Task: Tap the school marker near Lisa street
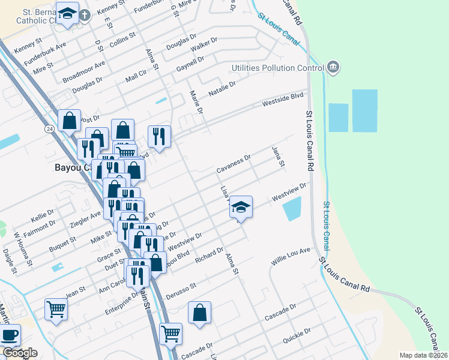tap(241, 208)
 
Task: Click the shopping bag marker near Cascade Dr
tap(199, 313)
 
